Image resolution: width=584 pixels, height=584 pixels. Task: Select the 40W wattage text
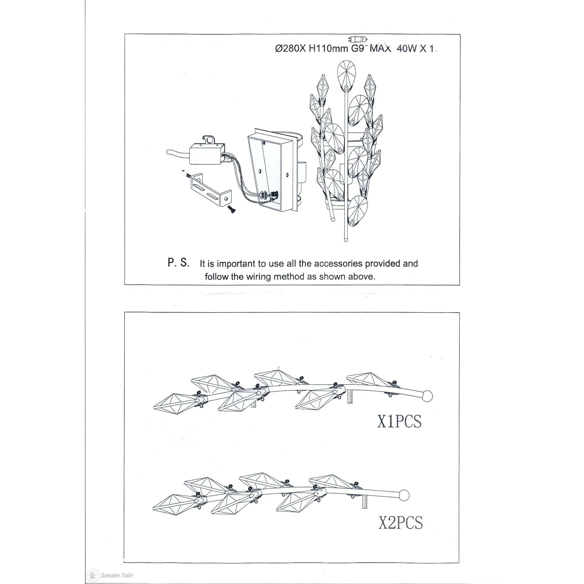point(407,49)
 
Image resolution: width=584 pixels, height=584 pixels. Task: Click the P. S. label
point(178,263)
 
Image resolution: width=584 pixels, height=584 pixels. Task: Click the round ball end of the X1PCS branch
point(427,396)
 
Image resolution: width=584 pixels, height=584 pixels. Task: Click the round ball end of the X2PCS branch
point(404,495)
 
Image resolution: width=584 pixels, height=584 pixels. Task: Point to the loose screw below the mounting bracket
point(231,209)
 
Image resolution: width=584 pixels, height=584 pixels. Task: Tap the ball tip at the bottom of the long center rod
point(346,239)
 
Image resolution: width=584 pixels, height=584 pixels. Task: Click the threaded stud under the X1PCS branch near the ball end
point(350,396)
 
